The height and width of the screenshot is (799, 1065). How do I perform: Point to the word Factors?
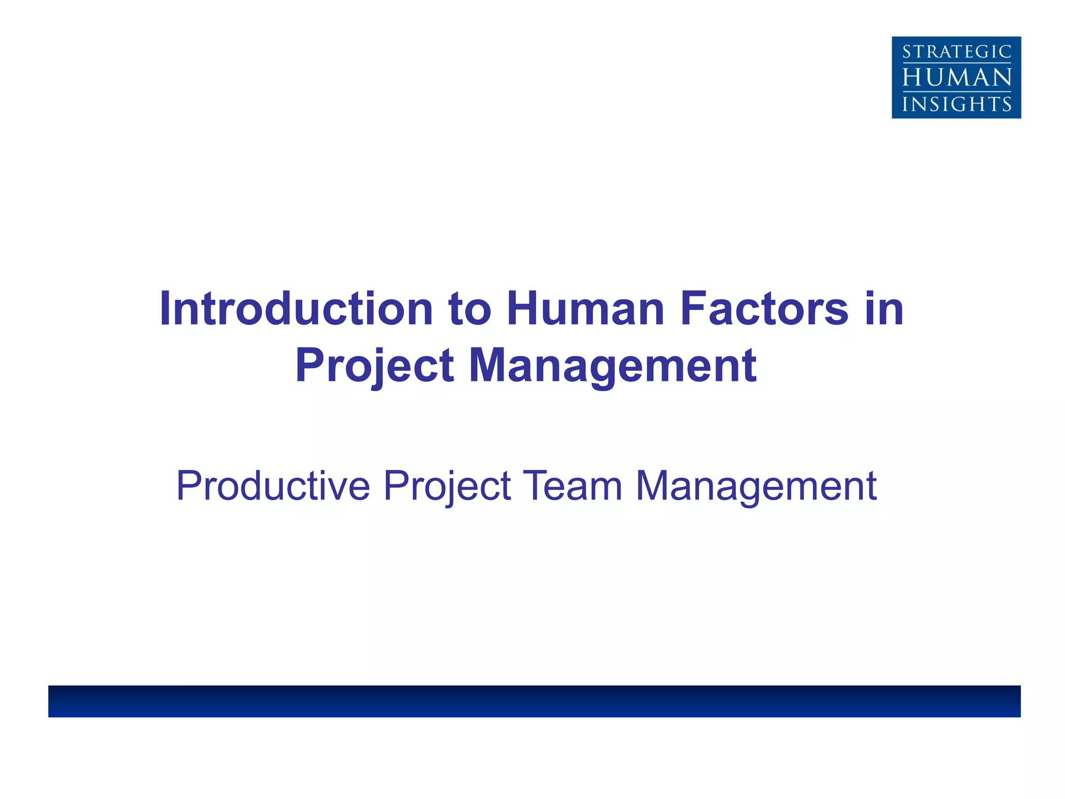pos(764,309)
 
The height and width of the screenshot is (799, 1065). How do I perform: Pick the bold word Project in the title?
pos(374,366)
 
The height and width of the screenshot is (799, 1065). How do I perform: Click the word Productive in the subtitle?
pos(273,486)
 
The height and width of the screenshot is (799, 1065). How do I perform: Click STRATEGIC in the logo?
pos(957,52)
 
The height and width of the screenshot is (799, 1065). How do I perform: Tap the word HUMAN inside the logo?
pos(957,78)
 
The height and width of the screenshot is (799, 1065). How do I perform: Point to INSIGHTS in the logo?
pos(957,104)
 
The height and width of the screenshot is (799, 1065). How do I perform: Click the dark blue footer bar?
pos(535,701)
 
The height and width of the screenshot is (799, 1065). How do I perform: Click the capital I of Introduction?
pos(165,309)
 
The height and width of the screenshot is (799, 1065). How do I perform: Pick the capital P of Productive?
pos(188,486)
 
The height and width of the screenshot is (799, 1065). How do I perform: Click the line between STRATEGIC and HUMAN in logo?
pos(957,64)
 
